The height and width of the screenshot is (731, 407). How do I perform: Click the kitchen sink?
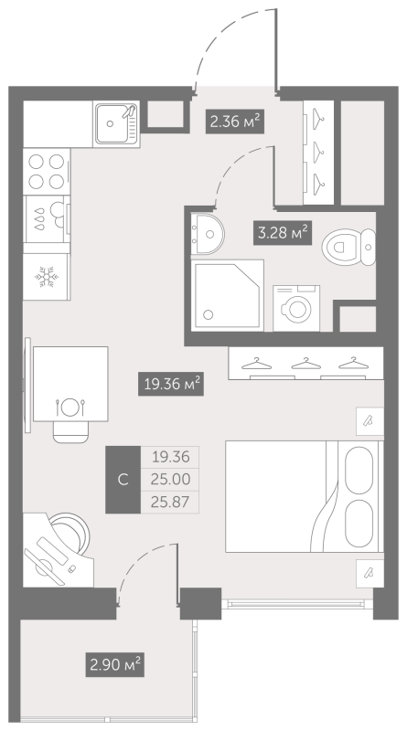tap(116, 124)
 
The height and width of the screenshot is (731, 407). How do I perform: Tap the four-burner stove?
tap(47, 171)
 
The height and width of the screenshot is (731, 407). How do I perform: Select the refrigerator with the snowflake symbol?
tap(47, 277)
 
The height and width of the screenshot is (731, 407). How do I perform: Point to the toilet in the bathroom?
tap(348, 247)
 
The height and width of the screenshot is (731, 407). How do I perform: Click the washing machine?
tap(296, 308)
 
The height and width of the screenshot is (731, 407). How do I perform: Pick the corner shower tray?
tap(228, 295)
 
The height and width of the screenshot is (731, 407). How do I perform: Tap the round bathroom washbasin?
tap(208, 234)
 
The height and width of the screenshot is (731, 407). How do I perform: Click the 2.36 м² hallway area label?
tap(235, 122)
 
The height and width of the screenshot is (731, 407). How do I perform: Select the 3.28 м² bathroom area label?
tap(283, 233)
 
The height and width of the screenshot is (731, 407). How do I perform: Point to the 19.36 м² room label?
tap(171, 384)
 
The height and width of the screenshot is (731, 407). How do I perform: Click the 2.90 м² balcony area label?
tap(115, 664)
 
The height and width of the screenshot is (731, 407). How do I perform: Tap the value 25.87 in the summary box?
tap(170, 502)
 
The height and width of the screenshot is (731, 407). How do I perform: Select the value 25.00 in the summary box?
tap(170, 479)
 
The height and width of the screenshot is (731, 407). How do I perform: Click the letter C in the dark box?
tap(123, 480)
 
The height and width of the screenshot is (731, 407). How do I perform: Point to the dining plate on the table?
tap(70, 407)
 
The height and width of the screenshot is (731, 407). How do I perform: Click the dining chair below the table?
tap(70, 431)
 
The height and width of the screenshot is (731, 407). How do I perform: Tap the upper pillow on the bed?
tap(359, 470)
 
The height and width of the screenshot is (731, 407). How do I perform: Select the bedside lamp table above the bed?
tap(370, 421)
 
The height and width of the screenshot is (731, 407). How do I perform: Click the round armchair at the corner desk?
tap(70, 535)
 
